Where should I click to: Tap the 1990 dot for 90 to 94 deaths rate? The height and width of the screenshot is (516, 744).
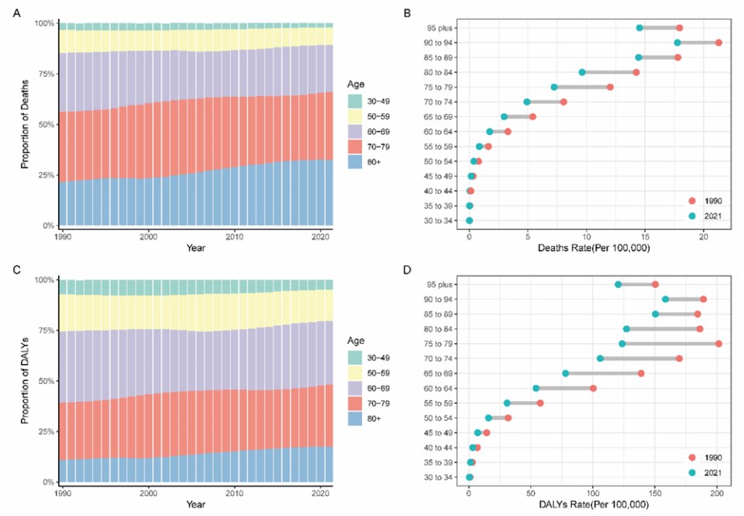[x=718, y=43]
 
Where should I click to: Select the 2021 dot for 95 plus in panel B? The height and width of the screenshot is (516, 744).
[x=639, y=28]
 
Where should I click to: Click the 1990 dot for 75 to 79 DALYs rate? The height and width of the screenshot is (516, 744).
[x=718, y=343]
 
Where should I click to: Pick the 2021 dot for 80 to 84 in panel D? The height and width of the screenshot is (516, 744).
[x=626, y=328]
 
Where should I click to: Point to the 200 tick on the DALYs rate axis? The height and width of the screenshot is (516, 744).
[x=718, y=492]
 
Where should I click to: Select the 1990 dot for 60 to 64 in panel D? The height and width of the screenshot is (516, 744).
[x=593, y=388]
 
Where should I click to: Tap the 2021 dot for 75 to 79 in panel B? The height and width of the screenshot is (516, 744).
[x=554, y=87]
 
